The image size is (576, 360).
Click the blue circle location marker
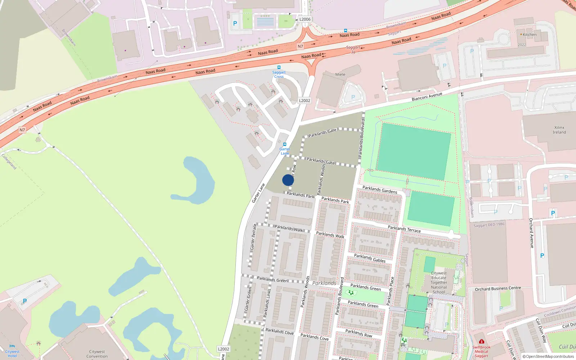pyautogui.click(x=288, y=180)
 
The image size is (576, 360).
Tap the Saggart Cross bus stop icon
pyautogui.click(x=279, y=67)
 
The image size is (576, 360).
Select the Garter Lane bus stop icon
pyautogui.click(x=285, y=144)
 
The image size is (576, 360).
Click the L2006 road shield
pyautogui.click(x=305, y=19)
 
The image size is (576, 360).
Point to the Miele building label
pyautogui.click(x=340, y=75)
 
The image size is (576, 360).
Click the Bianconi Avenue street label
pyautogui.click(x=427, y=96)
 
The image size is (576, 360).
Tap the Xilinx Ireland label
pyautogui.click(x=559, y=130)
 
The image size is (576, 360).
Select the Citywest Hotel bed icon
pyautogui.click(x=12, y=346)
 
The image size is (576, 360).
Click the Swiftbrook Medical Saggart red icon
pyautogui.click(x=481, y=341)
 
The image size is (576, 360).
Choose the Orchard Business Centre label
pyautogui.click(x=498, y=289)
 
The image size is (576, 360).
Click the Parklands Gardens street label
pyautogui.click(x=380, y=190)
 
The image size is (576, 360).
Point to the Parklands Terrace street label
pyautogui.click(x=404, y=229)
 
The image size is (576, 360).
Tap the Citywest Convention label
pyautogui.click(x=97, y=354)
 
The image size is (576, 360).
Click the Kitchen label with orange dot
pyautogui.click(x=529, y=35)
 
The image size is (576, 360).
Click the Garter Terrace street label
pyautogui.click(x=253, y=237)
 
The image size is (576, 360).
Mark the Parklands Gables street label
pyautogui.click(x=370, y=258)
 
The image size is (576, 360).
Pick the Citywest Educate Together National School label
pyautogui.click(x=439, y=283)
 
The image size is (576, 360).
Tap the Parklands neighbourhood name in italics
pyautogui.click(x=324, y=283)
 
